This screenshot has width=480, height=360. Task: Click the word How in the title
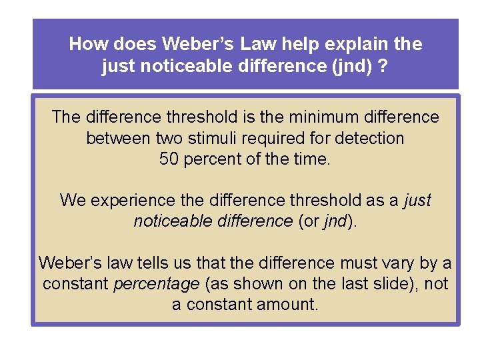(85, 45)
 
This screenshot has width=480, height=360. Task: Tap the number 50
(169, 160)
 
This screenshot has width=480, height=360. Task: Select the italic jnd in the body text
(335, 221)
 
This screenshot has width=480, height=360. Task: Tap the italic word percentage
(157, 283)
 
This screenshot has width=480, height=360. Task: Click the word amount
(289, 305)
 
